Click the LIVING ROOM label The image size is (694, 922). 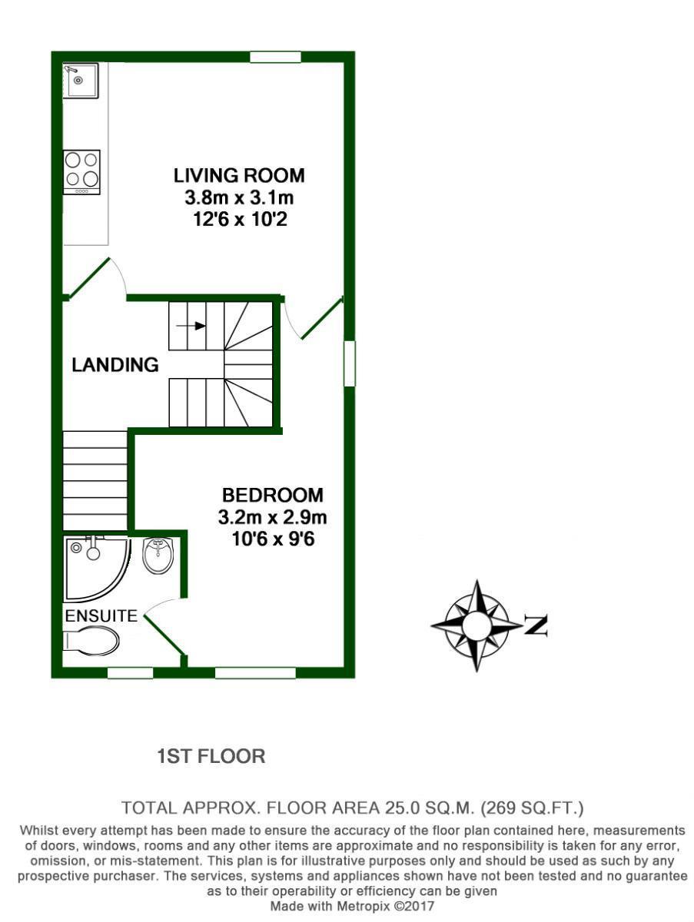[x=239, y=176]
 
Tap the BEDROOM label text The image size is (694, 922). [x=273, y=496]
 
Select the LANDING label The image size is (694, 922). [x=115, y=365]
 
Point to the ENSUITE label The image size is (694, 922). [x=101, y=615]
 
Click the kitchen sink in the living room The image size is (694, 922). [x=81, y=81]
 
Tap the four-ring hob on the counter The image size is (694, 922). [x=82, y=172]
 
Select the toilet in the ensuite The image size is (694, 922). [x=91, y=642]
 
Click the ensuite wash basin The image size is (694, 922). [x=158, y=556]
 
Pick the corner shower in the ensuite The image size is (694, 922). [x=98, y=570]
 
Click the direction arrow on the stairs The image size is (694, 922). [x=191, y=326]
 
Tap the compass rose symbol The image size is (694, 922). [x=477, y=625]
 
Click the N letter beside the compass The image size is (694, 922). [x=536, y=625]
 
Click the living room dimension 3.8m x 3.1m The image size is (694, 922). [x=239, y=197]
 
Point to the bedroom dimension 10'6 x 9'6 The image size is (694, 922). [x=273, y=539]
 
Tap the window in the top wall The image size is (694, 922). [x=276, y=57]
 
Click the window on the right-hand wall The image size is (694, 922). [x=350, y=363]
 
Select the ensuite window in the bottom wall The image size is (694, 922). [x=130, y=672]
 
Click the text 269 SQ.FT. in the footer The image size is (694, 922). [x=533, y=808]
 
